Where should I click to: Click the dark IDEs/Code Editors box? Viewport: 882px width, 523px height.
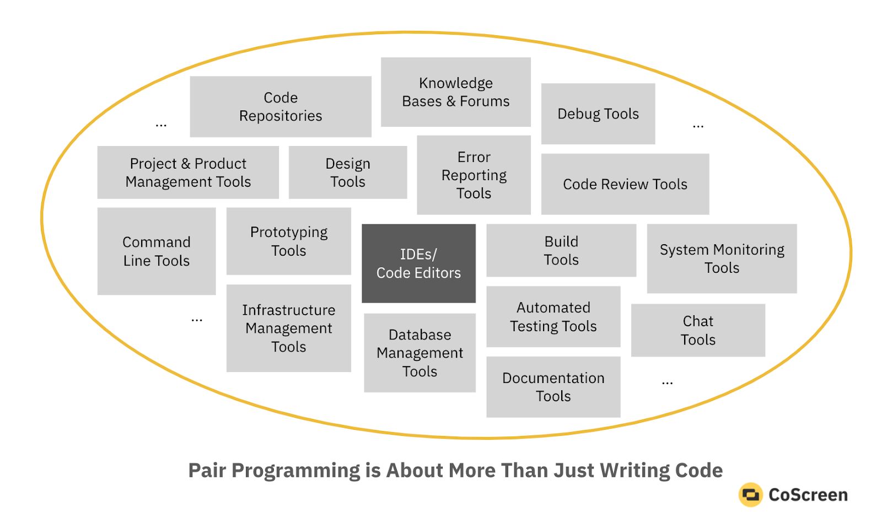418,263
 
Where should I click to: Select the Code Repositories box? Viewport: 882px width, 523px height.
281,106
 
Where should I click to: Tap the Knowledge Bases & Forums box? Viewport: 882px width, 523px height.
455,92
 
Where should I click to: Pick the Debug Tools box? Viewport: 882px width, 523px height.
598,114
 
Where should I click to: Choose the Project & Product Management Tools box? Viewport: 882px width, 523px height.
188,172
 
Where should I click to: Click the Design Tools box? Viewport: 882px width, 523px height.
348,172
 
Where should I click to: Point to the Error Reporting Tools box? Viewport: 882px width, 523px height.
474,175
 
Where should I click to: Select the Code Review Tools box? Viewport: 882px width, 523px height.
625,184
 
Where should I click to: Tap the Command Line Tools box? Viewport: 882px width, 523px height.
157,251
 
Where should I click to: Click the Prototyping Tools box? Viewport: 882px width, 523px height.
289,241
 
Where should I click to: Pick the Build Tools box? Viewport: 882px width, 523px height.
561,250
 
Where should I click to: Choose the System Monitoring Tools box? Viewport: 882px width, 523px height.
722,258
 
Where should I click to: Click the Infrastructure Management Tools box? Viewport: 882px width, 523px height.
289,328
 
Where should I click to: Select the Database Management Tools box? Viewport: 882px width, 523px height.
420,353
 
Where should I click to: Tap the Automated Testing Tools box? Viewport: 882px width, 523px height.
553,316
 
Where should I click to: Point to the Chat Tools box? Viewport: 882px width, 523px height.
698,330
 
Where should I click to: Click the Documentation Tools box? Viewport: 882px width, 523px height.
553,387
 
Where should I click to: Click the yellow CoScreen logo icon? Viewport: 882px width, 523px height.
750,495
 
